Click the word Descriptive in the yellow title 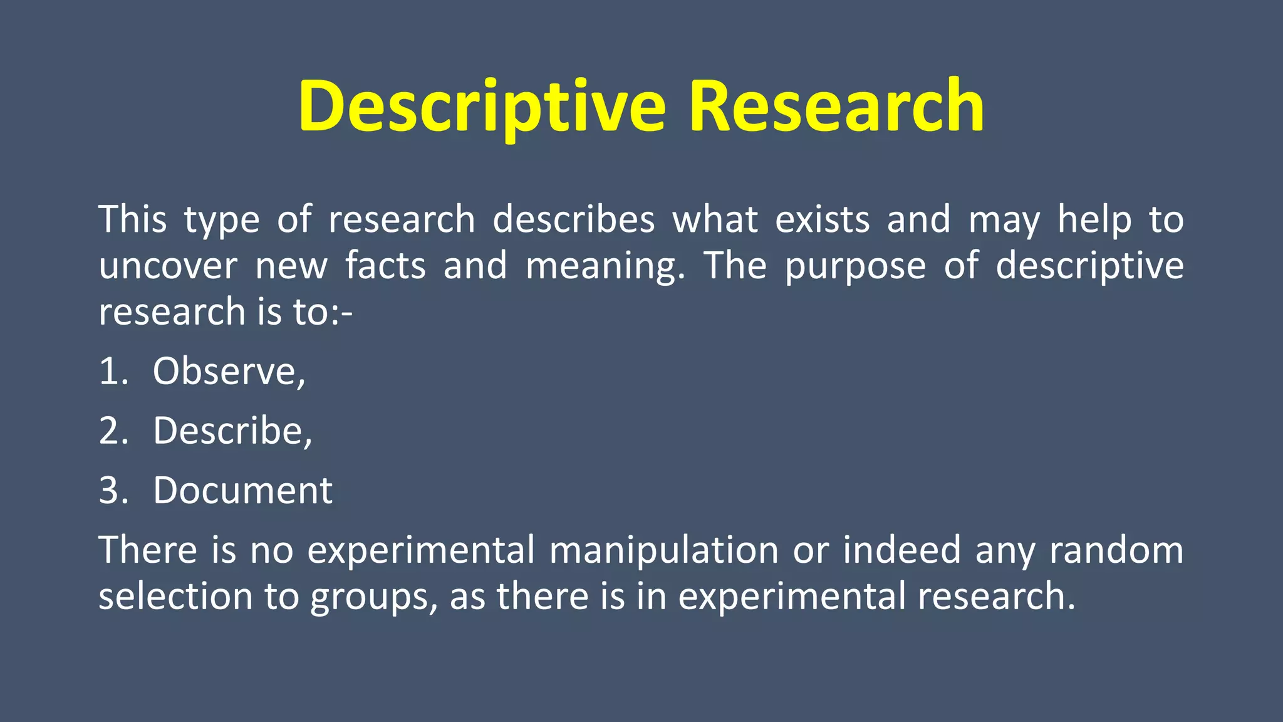[x=481, y=107]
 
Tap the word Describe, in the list [x=232, y=431]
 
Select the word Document [x=242, y=490]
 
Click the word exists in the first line [x=822, y=219]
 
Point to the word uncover [x=168, y=266]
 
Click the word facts [x=385, y=266]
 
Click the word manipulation [x=663, y=550]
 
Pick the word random [x=1116, y=550]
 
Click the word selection [x=175, y=596]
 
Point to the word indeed [x=901, y=550]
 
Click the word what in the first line [x=715, y=219]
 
